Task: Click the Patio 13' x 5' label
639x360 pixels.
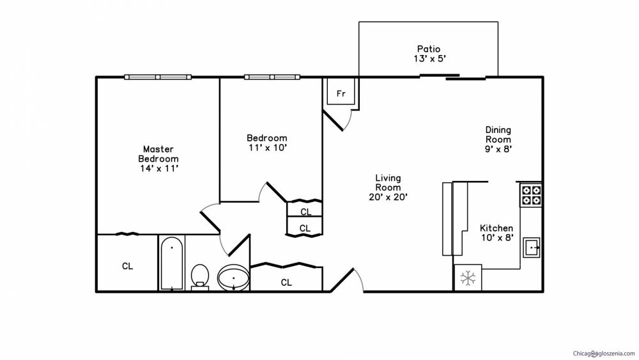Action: click(x=429, y=54)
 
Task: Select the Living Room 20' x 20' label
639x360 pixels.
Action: click(x=388, y=187)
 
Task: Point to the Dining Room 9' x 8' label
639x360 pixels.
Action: click(x=498, y=139)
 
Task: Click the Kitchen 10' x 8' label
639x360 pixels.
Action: click(x=497, y=233)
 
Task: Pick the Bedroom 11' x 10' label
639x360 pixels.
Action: click(x=267, y=143)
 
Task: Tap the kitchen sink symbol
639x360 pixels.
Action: click(x=532, y=247)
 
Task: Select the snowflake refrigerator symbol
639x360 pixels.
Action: click(x=468, y=278)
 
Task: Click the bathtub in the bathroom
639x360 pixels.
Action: click(x=171, y=263)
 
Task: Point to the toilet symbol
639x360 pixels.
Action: click(x=199, y=278)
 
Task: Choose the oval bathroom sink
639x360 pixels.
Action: click(x=233, y=278)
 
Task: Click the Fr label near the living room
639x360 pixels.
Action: click(x=341, y=93)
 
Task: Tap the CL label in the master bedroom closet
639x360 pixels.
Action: click(x=128, y=266)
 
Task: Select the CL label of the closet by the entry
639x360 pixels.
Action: click(x=286, y=282)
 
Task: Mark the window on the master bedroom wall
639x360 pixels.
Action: click(x=158, y=77)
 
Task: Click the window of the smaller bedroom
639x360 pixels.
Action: click(x=272, y=77)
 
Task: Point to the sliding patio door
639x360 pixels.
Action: click(x=453, y=76)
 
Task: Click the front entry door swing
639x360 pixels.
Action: click(x=346, y=280)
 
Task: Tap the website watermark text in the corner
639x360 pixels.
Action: click(x=604, y=354)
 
